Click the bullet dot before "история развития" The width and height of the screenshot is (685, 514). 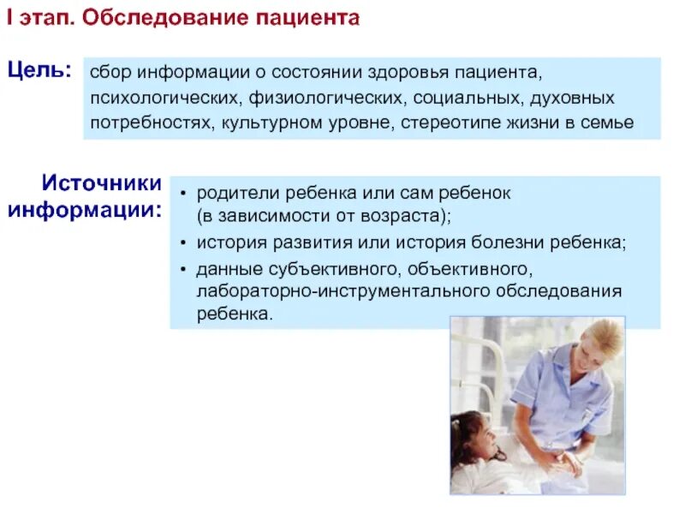[x=184, y=243]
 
